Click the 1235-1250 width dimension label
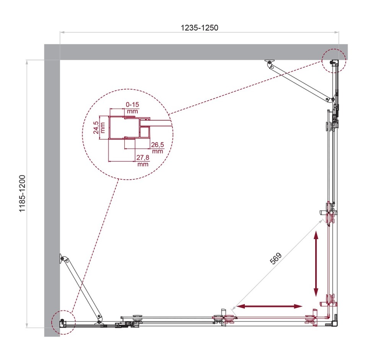199,28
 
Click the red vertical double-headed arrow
316,263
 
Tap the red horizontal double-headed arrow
269,306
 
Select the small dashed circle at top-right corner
334,61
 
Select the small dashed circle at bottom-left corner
63,321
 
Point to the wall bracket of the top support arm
270,62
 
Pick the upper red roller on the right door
329,219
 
